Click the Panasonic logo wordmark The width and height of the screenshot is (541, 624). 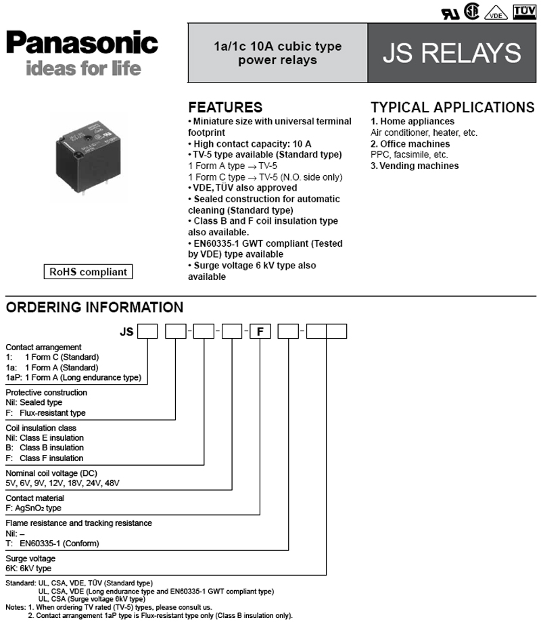coord(82,43)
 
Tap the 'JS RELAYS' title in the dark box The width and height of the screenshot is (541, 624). coord(452,53)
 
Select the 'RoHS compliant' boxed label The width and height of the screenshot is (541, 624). coord(88,272)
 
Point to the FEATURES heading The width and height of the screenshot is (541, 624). coord(225,107)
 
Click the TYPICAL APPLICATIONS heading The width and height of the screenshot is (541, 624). coord(452,107)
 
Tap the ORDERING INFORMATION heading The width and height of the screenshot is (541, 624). coord(95,308)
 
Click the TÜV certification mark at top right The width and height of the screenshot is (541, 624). coord(524,13)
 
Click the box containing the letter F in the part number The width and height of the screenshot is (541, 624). coord(261,332)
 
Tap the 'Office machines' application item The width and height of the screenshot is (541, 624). coord(410,144)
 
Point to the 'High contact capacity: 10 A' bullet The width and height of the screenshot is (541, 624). coord(250,144)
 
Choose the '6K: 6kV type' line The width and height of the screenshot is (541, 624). coord(28,569)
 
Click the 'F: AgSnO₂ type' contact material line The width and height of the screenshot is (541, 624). coord(34,508)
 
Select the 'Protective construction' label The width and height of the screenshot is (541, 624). coord(46,392)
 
